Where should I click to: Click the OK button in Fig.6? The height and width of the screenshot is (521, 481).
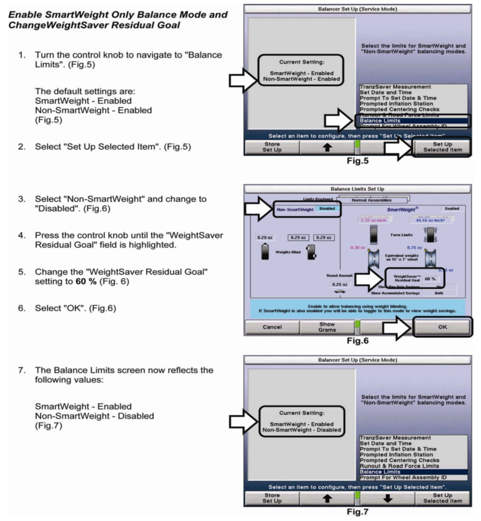442,327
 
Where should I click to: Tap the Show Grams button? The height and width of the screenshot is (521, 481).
327,327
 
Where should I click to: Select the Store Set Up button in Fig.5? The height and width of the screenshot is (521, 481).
272,147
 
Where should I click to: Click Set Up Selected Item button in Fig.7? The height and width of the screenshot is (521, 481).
442,498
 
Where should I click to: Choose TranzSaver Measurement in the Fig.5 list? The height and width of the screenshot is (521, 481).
395,87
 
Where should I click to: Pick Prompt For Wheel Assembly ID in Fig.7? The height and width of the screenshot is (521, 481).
403,477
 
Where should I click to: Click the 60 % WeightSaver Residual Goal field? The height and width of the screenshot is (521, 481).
430,279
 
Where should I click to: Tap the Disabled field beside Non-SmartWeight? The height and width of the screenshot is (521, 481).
327,209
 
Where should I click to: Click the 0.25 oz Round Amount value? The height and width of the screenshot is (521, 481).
339,284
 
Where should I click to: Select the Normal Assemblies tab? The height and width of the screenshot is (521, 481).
371,200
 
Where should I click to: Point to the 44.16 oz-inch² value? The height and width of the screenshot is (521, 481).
430,220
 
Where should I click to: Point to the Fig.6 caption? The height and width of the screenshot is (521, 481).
358,341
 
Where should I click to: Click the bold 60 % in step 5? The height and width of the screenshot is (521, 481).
86,281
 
